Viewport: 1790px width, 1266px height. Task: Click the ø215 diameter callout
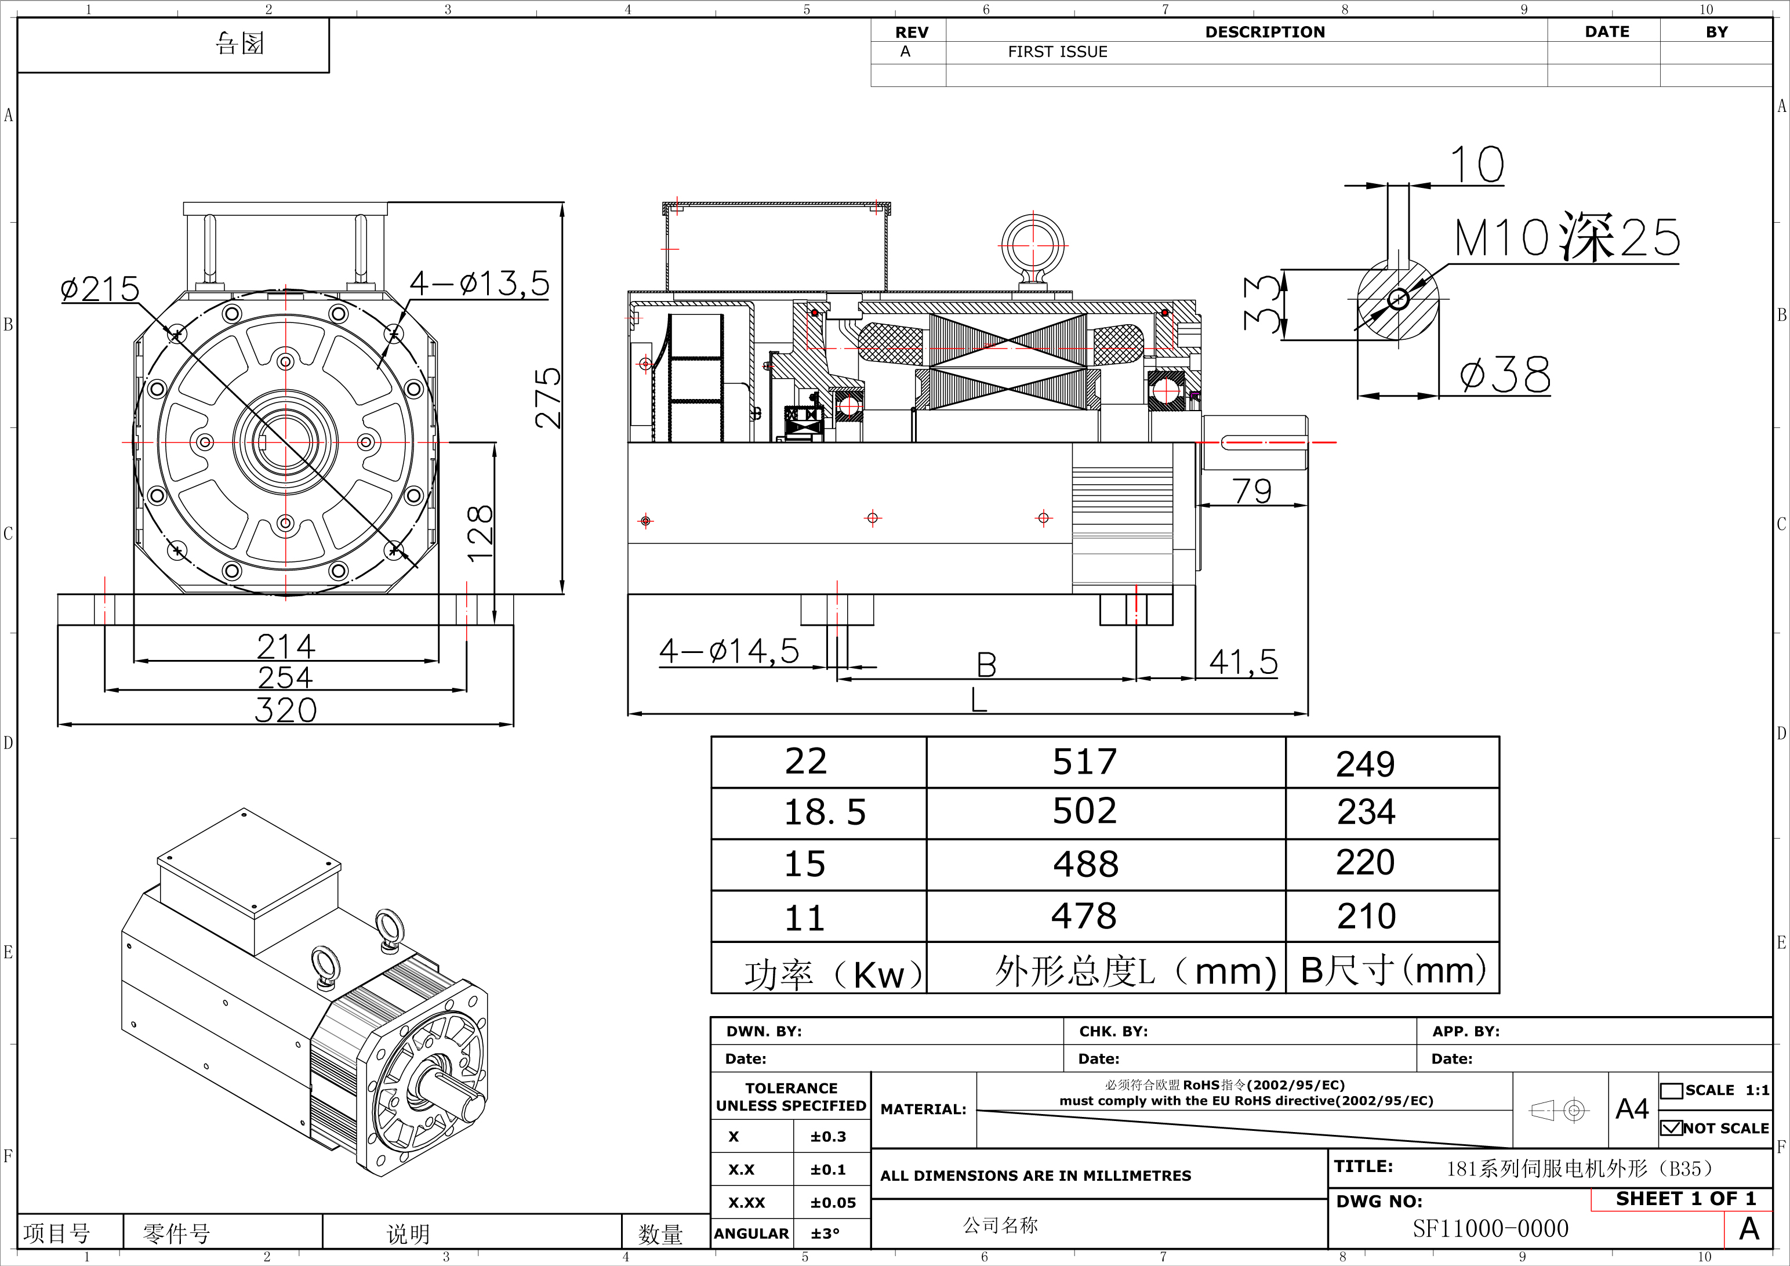pyautogui.click(x=100, y=289)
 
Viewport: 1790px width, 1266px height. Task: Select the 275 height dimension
pyautogui.click(x=548, y=398)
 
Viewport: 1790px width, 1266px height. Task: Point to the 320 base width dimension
pyautogui.click(x=285, y=711)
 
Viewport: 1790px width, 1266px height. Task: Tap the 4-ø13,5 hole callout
pyautogui.click(x=480, y=284)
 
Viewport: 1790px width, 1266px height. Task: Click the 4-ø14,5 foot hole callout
pyautogui.click(x=729, y=651)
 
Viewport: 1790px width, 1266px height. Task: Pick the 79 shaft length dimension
pyautogui.click(x=1252, y=491)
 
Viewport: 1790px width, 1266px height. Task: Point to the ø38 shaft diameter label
pyautogui.click(x=1505, y=376)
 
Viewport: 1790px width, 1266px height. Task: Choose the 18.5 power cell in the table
pyautogui.click(x=824, y=812)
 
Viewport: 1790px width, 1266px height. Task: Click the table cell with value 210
pyautogui.click(x=1367, y=916)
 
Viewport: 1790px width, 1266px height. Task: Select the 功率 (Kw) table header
pyautogui.click(x=832, y=974)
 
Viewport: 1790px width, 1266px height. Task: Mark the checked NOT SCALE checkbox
pyautogui.click(x=1671, y=1128)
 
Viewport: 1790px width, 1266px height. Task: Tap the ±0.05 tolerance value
pyautogui.click(x=833, y=1203)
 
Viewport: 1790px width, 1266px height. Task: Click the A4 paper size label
pyautogui.click(x=1632, y=1108)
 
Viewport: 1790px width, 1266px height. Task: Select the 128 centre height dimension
pyautogui.click(x=480, y=533)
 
